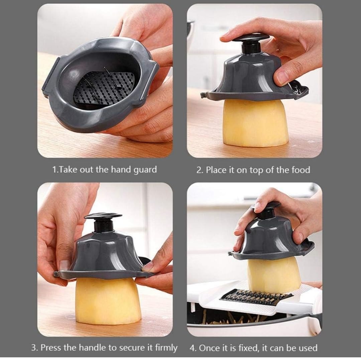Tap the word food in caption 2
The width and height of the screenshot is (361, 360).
pyautogui.click(x=300, y=170)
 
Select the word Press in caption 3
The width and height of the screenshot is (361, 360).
pyautogui.click(x=51, y=347)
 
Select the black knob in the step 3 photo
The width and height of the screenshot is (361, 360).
pyautogui.click(x=104, y=222)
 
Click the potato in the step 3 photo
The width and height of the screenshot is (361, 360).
pyautogui.click(x=107, y=301)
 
